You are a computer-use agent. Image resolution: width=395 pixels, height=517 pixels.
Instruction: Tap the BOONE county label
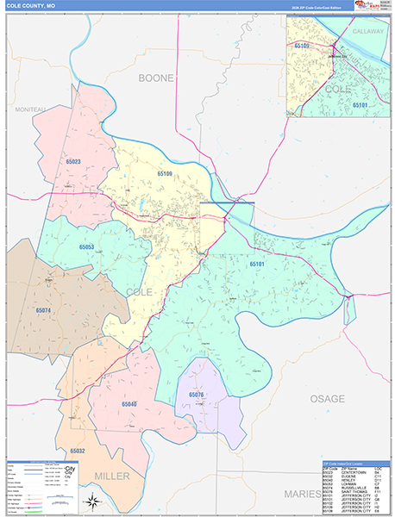pos(156,78)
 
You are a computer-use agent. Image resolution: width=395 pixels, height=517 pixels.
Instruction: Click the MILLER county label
pos(112,477)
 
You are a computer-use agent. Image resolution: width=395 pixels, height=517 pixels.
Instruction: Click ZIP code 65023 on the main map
pos(72,161)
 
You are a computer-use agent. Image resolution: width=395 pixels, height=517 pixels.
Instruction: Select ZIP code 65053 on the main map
pos(86,247)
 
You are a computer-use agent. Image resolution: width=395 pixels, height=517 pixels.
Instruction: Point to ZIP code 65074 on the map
pos(43,309)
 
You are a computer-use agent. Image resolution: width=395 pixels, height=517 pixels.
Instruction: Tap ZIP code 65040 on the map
pos(129,403)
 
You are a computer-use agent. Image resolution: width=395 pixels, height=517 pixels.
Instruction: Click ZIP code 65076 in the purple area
pos(196,395)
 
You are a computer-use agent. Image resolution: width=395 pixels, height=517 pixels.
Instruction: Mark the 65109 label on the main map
pos(165,173)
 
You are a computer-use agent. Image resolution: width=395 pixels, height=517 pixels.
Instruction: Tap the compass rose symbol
pos(93,502)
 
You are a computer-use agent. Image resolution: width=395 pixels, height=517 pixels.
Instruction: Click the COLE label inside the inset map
pos(338,89)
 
